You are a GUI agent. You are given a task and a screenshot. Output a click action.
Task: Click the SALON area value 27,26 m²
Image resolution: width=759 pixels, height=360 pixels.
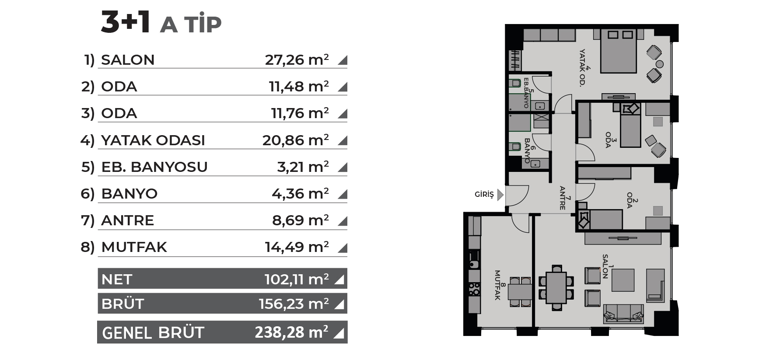click(x=297, y=59)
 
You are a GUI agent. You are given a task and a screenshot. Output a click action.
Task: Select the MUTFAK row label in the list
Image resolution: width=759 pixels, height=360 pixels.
click(x=134, y=247)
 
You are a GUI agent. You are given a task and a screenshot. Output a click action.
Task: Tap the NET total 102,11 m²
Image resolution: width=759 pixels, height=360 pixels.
click(x=297, y=279)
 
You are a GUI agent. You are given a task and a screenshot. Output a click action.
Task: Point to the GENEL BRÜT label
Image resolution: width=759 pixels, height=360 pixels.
click(x=153, y=333)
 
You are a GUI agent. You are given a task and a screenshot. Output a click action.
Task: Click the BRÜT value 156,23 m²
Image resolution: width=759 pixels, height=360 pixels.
click(x=294, y=304)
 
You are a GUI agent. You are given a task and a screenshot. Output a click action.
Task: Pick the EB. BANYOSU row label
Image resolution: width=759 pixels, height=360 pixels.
click(x=154, y=167)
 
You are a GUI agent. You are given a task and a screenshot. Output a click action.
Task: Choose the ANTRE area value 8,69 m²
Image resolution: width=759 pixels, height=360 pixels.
click(x=301, y=220)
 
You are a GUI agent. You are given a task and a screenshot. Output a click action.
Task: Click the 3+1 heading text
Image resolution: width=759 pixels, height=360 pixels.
click(x=126, y=22)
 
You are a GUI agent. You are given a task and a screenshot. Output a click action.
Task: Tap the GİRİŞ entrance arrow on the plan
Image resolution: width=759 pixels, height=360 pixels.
click(x=500, y=194)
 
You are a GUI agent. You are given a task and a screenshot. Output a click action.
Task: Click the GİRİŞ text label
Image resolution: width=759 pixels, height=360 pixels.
click(x=484, y=194)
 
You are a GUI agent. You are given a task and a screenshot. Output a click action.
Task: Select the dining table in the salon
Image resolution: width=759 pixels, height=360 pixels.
click(x=556, y=287)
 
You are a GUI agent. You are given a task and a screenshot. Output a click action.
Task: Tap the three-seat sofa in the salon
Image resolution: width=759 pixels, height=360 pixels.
click(x=624, y=314)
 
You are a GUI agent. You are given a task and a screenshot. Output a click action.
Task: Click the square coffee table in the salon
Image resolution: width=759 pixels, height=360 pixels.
click(x=623, y=280)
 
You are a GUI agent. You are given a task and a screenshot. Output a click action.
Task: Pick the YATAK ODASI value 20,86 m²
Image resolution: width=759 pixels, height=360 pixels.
click(x=296, y=140)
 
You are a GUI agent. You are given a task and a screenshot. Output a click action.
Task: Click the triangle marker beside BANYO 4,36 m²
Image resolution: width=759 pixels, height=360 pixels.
click(x=343, y=194)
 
